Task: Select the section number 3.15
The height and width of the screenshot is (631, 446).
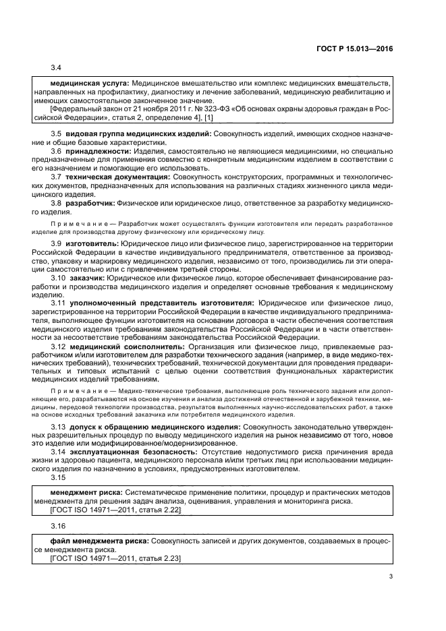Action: click(58, 477)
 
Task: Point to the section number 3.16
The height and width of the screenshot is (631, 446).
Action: click(58, 525)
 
